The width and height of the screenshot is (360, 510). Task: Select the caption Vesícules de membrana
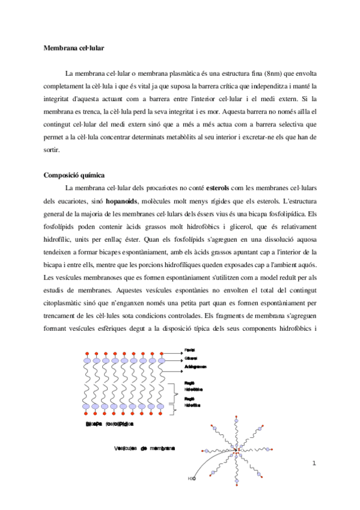145,449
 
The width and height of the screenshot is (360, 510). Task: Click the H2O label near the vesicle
191,479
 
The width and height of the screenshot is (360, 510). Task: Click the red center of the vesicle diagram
237,450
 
